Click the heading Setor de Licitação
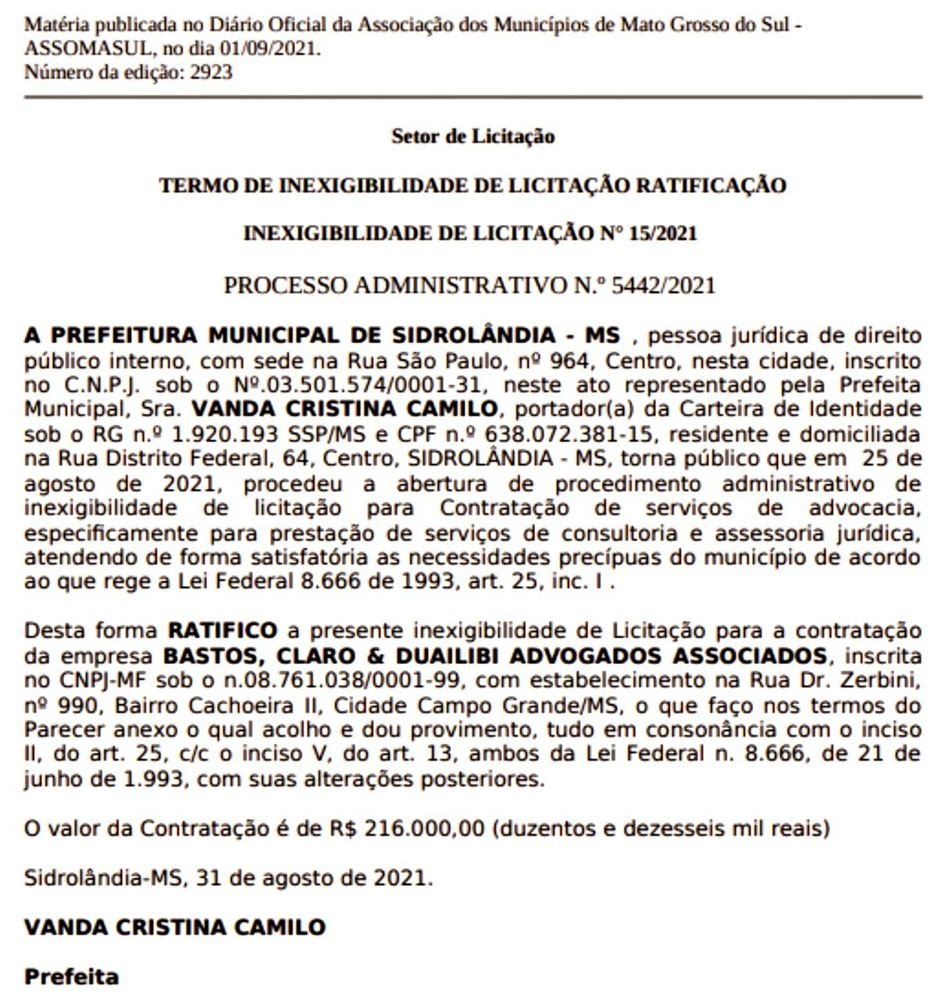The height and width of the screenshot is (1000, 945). click(x=472, y=137)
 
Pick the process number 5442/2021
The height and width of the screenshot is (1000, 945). click(x=663, y=285)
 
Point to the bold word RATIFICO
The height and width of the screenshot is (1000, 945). click(x=223, y=630)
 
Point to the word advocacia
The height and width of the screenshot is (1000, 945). click(x=865, y=509)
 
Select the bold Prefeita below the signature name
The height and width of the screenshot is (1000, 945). click(x=72, y=977)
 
